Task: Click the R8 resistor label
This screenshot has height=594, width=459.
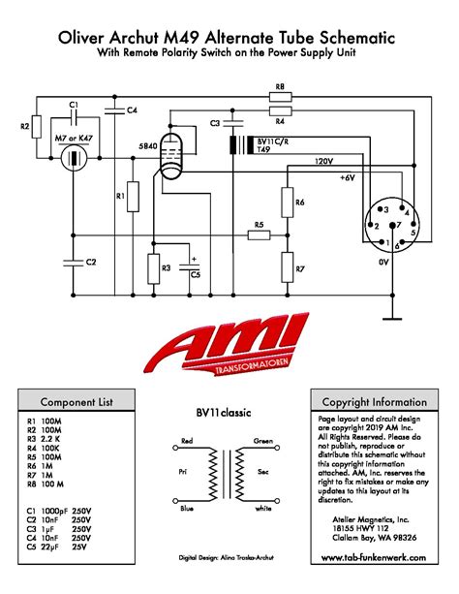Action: [x=279, y=86]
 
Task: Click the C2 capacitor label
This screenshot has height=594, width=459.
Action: [x=90, y=262]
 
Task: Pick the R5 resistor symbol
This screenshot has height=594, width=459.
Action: [x=258, y=236]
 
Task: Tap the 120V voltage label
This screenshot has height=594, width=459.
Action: [x=324, y=161]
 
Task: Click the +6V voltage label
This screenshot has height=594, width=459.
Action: [x=347, y=178]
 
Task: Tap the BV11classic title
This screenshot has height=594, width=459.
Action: [x=224, y=412]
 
